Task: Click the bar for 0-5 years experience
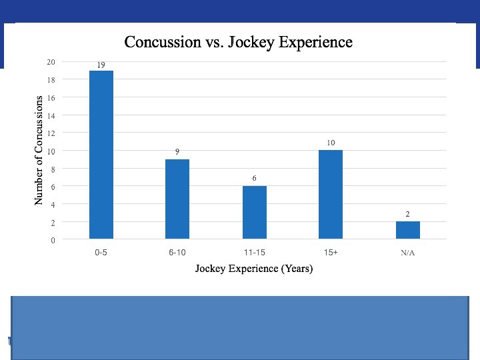[101, 155]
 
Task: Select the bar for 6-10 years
[177, 199]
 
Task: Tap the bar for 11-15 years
[254, 212]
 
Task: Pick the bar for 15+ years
[331, 194]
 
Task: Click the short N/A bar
[407, 230]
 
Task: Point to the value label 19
[101, 65]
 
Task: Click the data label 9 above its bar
[177, 151]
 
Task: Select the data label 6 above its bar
[254, 178]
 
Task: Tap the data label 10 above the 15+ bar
[331, 143]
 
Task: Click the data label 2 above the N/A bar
[407, 214]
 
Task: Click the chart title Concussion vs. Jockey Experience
[239, 42]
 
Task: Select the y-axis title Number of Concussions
[39, 150]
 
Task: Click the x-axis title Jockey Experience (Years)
[253, 269]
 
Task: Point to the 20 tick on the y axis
[51, 62]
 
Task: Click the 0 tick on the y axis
[53, 240]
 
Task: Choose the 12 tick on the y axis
[51, 133]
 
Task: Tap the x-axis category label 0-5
[101, 253]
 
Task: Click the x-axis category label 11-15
[254, 253]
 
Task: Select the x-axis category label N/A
[407, 253]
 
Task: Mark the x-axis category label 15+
[331, 253]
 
